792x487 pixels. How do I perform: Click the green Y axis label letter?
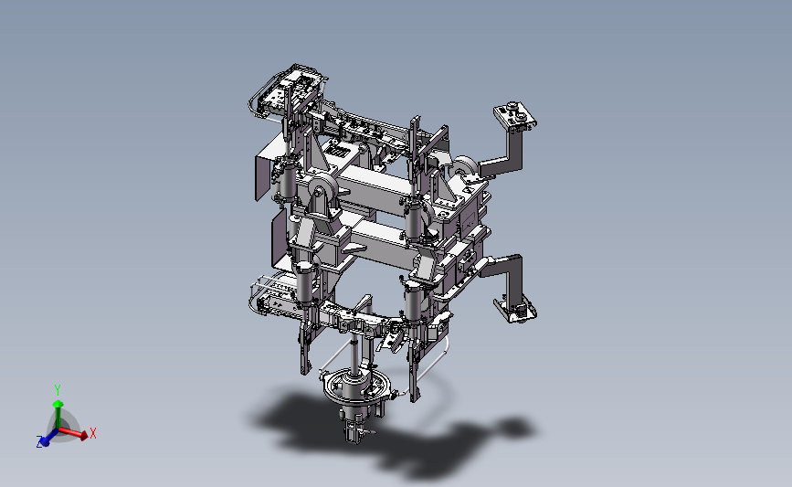[58, 390]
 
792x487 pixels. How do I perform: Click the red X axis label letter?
[93, 433]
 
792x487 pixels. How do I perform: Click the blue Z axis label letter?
[39, 442]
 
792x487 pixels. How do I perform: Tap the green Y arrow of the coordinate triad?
[58, 414]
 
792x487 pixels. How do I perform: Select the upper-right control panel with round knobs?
[514, 116]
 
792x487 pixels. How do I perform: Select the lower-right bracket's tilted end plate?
[515, 308]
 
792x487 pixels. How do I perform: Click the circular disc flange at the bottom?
[356, 387]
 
